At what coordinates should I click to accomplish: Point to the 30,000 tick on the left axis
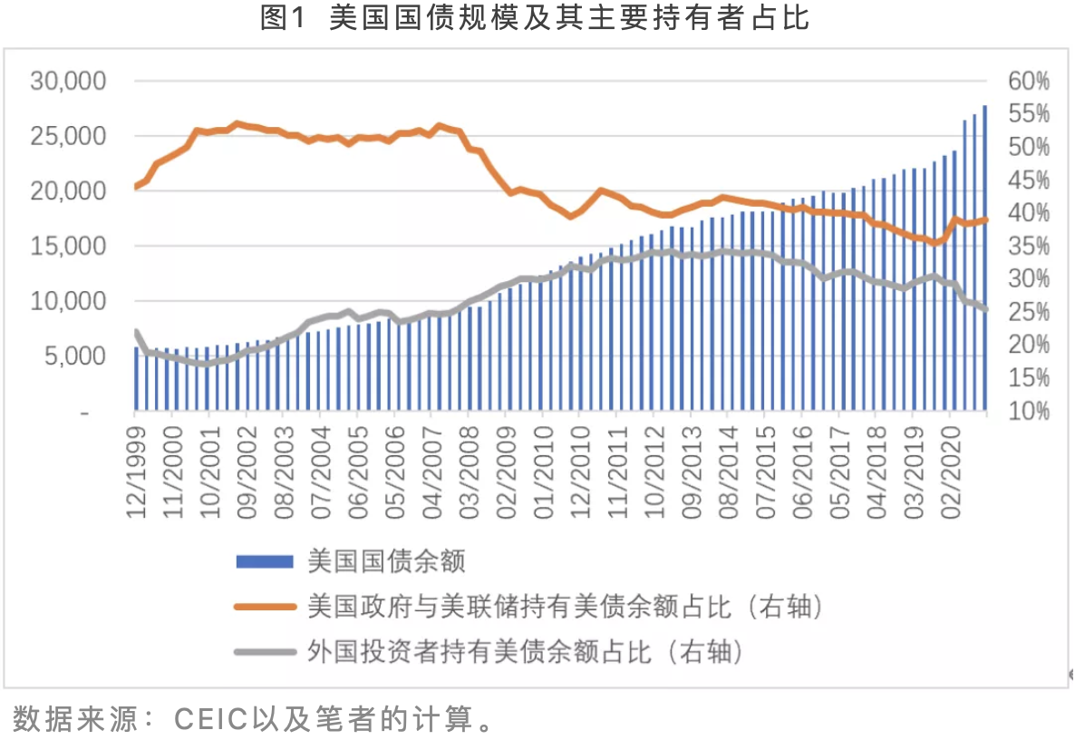pos(69,82)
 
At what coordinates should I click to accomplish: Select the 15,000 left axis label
pos(69,247)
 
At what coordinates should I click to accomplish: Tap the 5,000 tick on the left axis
pos(73,356)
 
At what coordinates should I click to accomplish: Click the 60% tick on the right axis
pos(1028,82)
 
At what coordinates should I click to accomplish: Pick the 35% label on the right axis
pos(1028,247)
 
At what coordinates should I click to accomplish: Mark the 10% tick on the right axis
pos(1028,411)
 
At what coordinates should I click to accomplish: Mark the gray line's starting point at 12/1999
pos(136,332)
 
